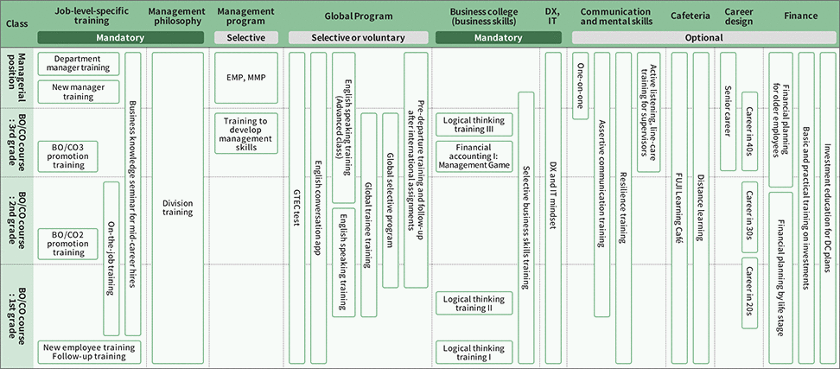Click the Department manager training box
(x=79, y=64)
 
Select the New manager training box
(x=79, y=92)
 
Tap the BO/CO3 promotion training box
(x=68, y=156)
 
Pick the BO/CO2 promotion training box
(x=68, y=244)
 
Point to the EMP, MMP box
(x=246, y=78)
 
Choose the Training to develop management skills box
(x=246, y=133)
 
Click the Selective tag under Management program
(x=246, y=37)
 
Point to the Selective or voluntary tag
(x=359, y=37)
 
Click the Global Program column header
(x=359, y=16)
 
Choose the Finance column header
(x=801, y=16)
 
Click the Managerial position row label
(x=22, y=78)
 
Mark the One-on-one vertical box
(x=580, y=86)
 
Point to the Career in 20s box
(x=749, y=293)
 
